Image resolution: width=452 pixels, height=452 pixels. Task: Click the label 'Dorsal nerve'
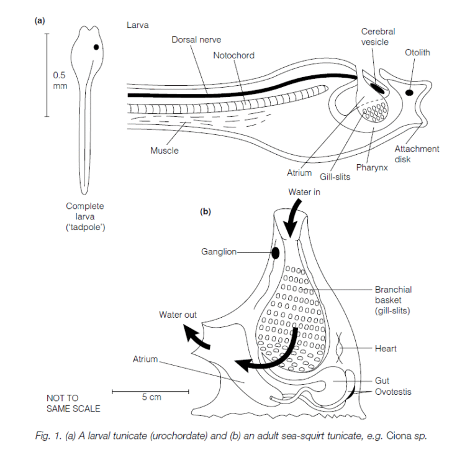click(196, 40)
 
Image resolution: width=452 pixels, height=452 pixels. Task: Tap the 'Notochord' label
click(233, 55)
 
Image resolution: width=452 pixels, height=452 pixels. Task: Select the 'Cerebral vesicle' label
click(379, 37)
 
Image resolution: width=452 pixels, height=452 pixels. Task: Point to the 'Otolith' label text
click(417, 53)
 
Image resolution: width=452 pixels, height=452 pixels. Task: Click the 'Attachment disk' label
click(417, 154)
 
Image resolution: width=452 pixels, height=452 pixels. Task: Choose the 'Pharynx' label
click(372, 168)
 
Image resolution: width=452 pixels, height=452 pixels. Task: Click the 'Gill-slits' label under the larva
click(335, 177)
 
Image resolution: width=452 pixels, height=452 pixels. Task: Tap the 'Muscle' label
click(164, 150)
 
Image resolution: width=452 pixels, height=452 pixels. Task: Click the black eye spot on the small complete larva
click(97, 47)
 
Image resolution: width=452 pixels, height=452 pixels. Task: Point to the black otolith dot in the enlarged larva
click(410, 93)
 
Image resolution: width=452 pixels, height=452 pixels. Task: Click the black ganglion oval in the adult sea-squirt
click(274, 253)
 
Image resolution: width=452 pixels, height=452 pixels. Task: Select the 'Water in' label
click(304, 192)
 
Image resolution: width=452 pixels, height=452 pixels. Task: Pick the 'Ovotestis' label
click(392, 392)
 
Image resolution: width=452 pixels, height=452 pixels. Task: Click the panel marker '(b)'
click(206, 211)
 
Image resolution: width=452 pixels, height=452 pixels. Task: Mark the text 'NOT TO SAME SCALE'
click(73, 403)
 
